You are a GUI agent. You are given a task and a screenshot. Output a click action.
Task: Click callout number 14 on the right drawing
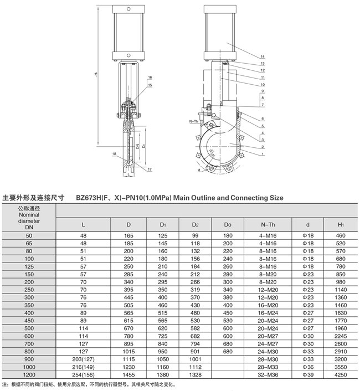click(262, 57)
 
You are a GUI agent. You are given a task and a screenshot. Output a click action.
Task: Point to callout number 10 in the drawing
click(262, 85)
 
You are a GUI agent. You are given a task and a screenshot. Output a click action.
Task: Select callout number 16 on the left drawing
click(150, 78)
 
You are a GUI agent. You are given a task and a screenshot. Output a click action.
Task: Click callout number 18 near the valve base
click(114, 153)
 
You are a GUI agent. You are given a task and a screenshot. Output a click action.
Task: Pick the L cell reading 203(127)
click(84, 359)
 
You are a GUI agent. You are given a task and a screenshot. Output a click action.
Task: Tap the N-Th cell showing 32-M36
click(268, 374)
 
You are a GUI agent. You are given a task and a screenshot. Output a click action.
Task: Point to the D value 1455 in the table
click(128, 374)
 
